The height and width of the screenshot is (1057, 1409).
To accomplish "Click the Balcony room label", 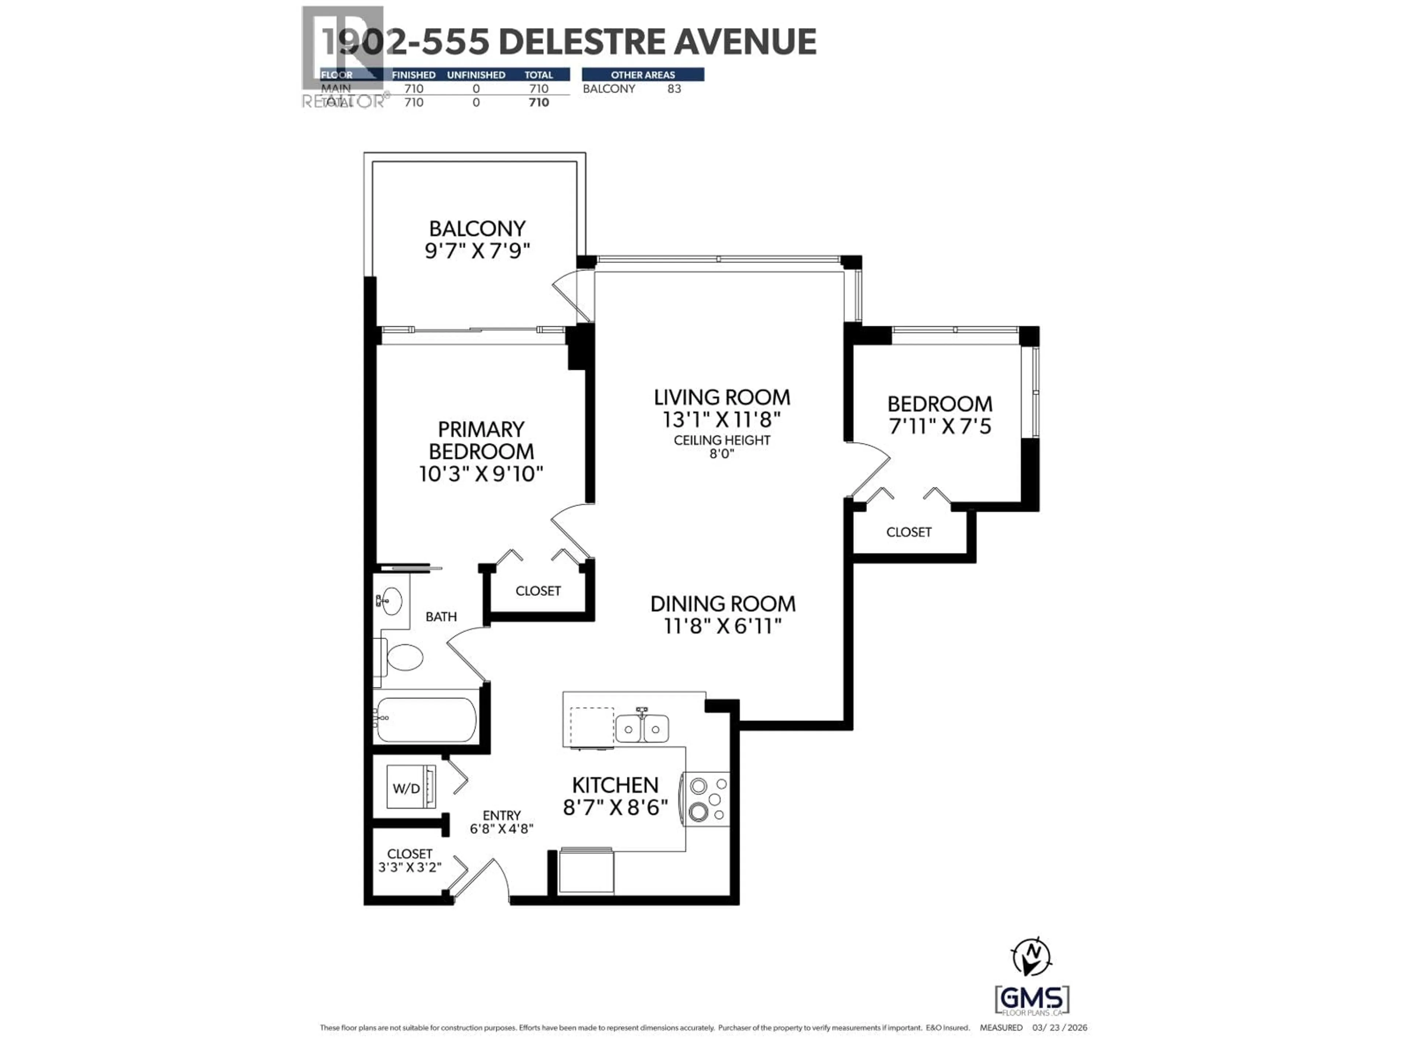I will pyautogui.click(x=477, y=228).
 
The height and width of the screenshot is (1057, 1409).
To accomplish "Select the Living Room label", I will pyautogui.click(x=722, y=397).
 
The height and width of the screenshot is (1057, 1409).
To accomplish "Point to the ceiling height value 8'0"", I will pyautogui.click(x=722, y=454).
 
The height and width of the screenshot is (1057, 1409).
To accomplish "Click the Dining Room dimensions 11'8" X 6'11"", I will pyautogui.click(x=722, y=626).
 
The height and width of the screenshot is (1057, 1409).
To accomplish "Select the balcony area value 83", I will pyautogui.click(x=674, y=88).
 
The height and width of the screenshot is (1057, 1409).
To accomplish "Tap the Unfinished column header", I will pyautogui.click(x=476, y=75).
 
